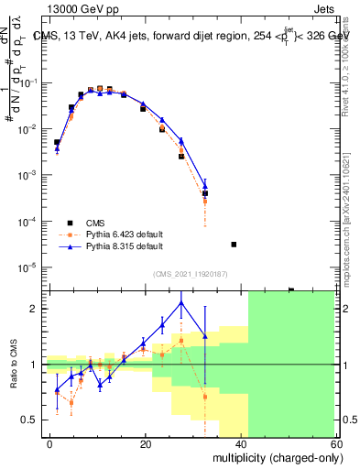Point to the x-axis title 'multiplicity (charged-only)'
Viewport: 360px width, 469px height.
pos(274,455)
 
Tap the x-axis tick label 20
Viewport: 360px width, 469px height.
pos(146,442)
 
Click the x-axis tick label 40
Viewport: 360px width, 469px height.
pos(242,442)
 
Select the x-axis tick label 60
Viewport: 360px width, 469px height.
pos(337,442)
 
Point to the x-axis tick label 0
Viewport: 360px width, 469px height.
pos(49,442)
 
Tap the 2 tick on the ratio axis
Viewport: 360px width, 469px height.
pos(35,309)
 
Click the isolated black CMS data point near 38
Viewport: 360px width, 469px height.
pos(234,245)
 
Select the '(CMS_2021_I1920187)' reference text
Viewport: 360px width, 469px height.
pos(191,274)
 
